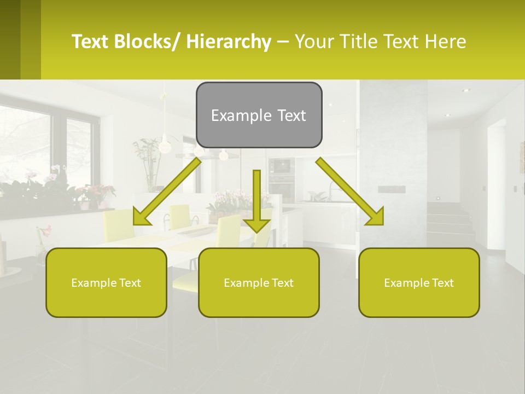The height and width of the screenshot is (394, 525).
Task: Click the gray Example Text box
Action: coord(259,115)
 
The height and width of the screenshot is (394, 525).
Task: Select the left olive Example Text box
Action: coord(106,282)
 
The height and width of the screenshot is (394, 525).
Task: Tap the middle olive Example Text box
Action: coord(259,282)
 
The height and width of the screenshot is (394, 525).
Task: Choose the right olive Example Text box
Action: coord(419,282)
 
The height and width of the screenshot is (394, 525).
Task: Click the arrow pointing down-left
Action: coord(167,191)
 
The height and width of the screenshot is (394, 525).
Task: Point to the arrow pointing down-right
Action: coord(350,191)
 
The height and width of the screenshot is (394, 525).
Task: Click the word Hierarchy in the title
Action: coord(229,42)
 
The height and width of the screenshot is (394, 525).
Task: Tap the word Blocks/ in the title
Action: coord(148,42)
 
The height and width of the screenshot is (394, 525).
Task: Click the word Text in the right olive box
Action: coord(442,282)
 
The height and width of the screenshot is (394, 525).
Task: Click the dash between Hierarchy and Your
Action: coord(283,42)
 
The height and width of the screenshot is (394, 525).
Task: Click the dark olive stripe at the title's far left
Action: coord(10,39)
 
